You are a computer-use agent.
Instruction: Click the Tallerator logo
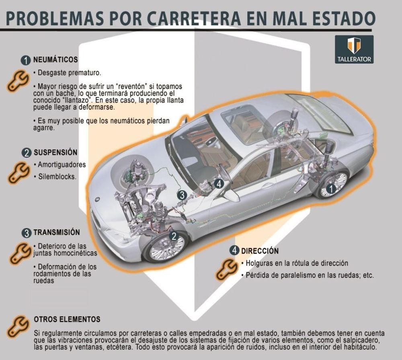pos(354,49)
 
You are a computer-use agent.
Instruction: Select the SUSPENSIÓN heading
pos(55,152)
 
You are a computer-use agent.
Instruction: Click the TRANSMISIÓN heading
pos(56,232)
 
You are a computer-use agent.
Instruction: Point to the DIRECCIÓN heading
pos(260,251)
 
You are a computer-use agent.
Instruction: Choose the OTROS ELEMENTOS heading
pos(67,319)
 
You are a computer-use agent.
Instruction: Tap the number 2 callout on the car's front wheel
pos(174,236)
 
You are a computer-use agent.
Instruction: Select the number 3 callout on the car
pos(182,195)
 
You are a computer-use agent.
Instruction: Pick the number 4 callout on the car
pos(218,184)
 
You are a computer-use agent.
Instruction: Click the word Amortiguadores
pos(62,165)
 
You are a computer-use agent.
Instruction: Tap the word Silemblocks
pos(57,176)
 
